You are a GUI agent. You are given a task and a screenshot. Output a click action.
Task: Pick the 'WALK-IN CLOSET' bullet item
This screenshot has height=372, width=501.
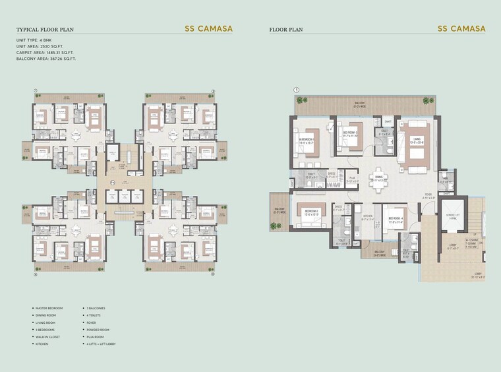pyautogui.click(x=47, y=336)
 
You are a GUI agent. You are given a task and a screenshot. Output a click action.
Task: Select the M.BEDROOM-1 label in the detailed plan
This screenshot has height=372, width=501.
pyautogui.click(x=308, y=140)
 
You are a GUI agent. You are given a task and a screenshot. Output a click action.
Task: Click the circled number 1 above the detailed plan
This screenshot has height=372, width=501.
pyautogui.click(x=297, y=90)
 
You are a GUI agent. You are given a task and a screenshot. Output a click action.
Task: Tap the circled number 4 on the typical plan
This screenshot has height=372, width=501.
pyautogui.click(x=34, y=275)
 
